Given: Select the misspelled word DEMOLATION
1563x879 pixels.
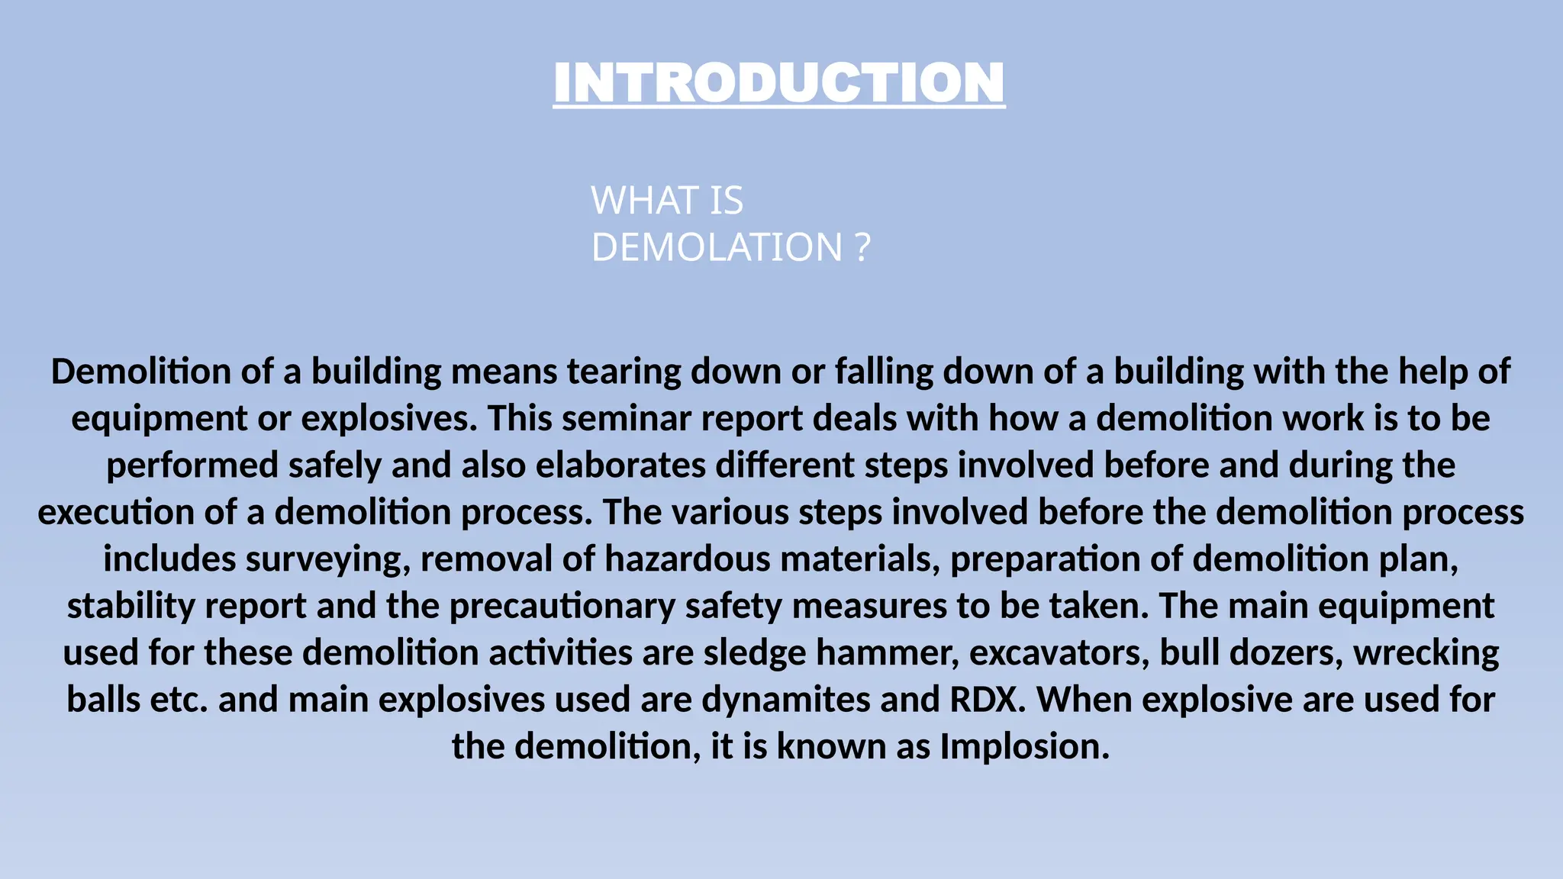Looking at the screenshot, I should tap(717, 247).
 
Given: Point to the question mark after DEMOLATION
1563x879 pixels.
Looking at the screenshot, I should tap(862, 247).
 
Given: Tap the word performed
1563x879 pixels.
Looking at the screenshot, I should tap(192, 465).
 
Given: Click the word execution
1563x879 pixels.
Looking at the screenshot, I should tap(115, 512).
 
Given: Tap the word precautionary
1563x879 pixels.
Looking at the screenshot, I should tap(562, 606).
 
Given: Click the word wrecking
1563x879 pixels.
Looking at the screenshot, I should tap(1426, 653).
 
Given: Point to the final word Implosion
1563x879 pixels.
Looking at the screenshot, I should tap(1024, 746).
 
